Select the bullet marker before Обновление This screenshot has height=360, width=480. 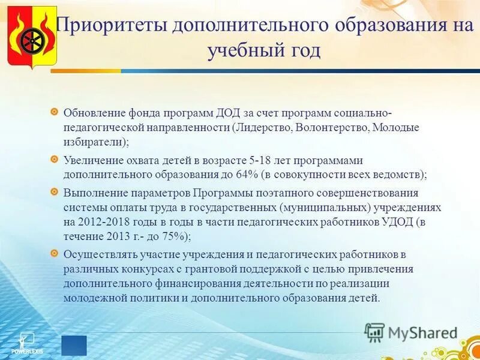[54, 112]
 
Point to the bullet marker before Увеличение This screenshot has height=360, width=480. [54, 159]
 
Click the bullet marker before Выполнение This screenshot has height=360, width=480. [54, 191]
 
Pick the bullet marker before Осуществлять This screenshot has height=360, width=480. [54, 253]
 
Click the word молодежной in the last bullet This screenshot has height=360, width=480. [94, 298]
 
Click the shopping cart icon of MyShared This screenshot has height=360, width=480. [374, 331]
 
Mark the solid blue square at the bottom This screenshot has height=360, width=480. [74, 346]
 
